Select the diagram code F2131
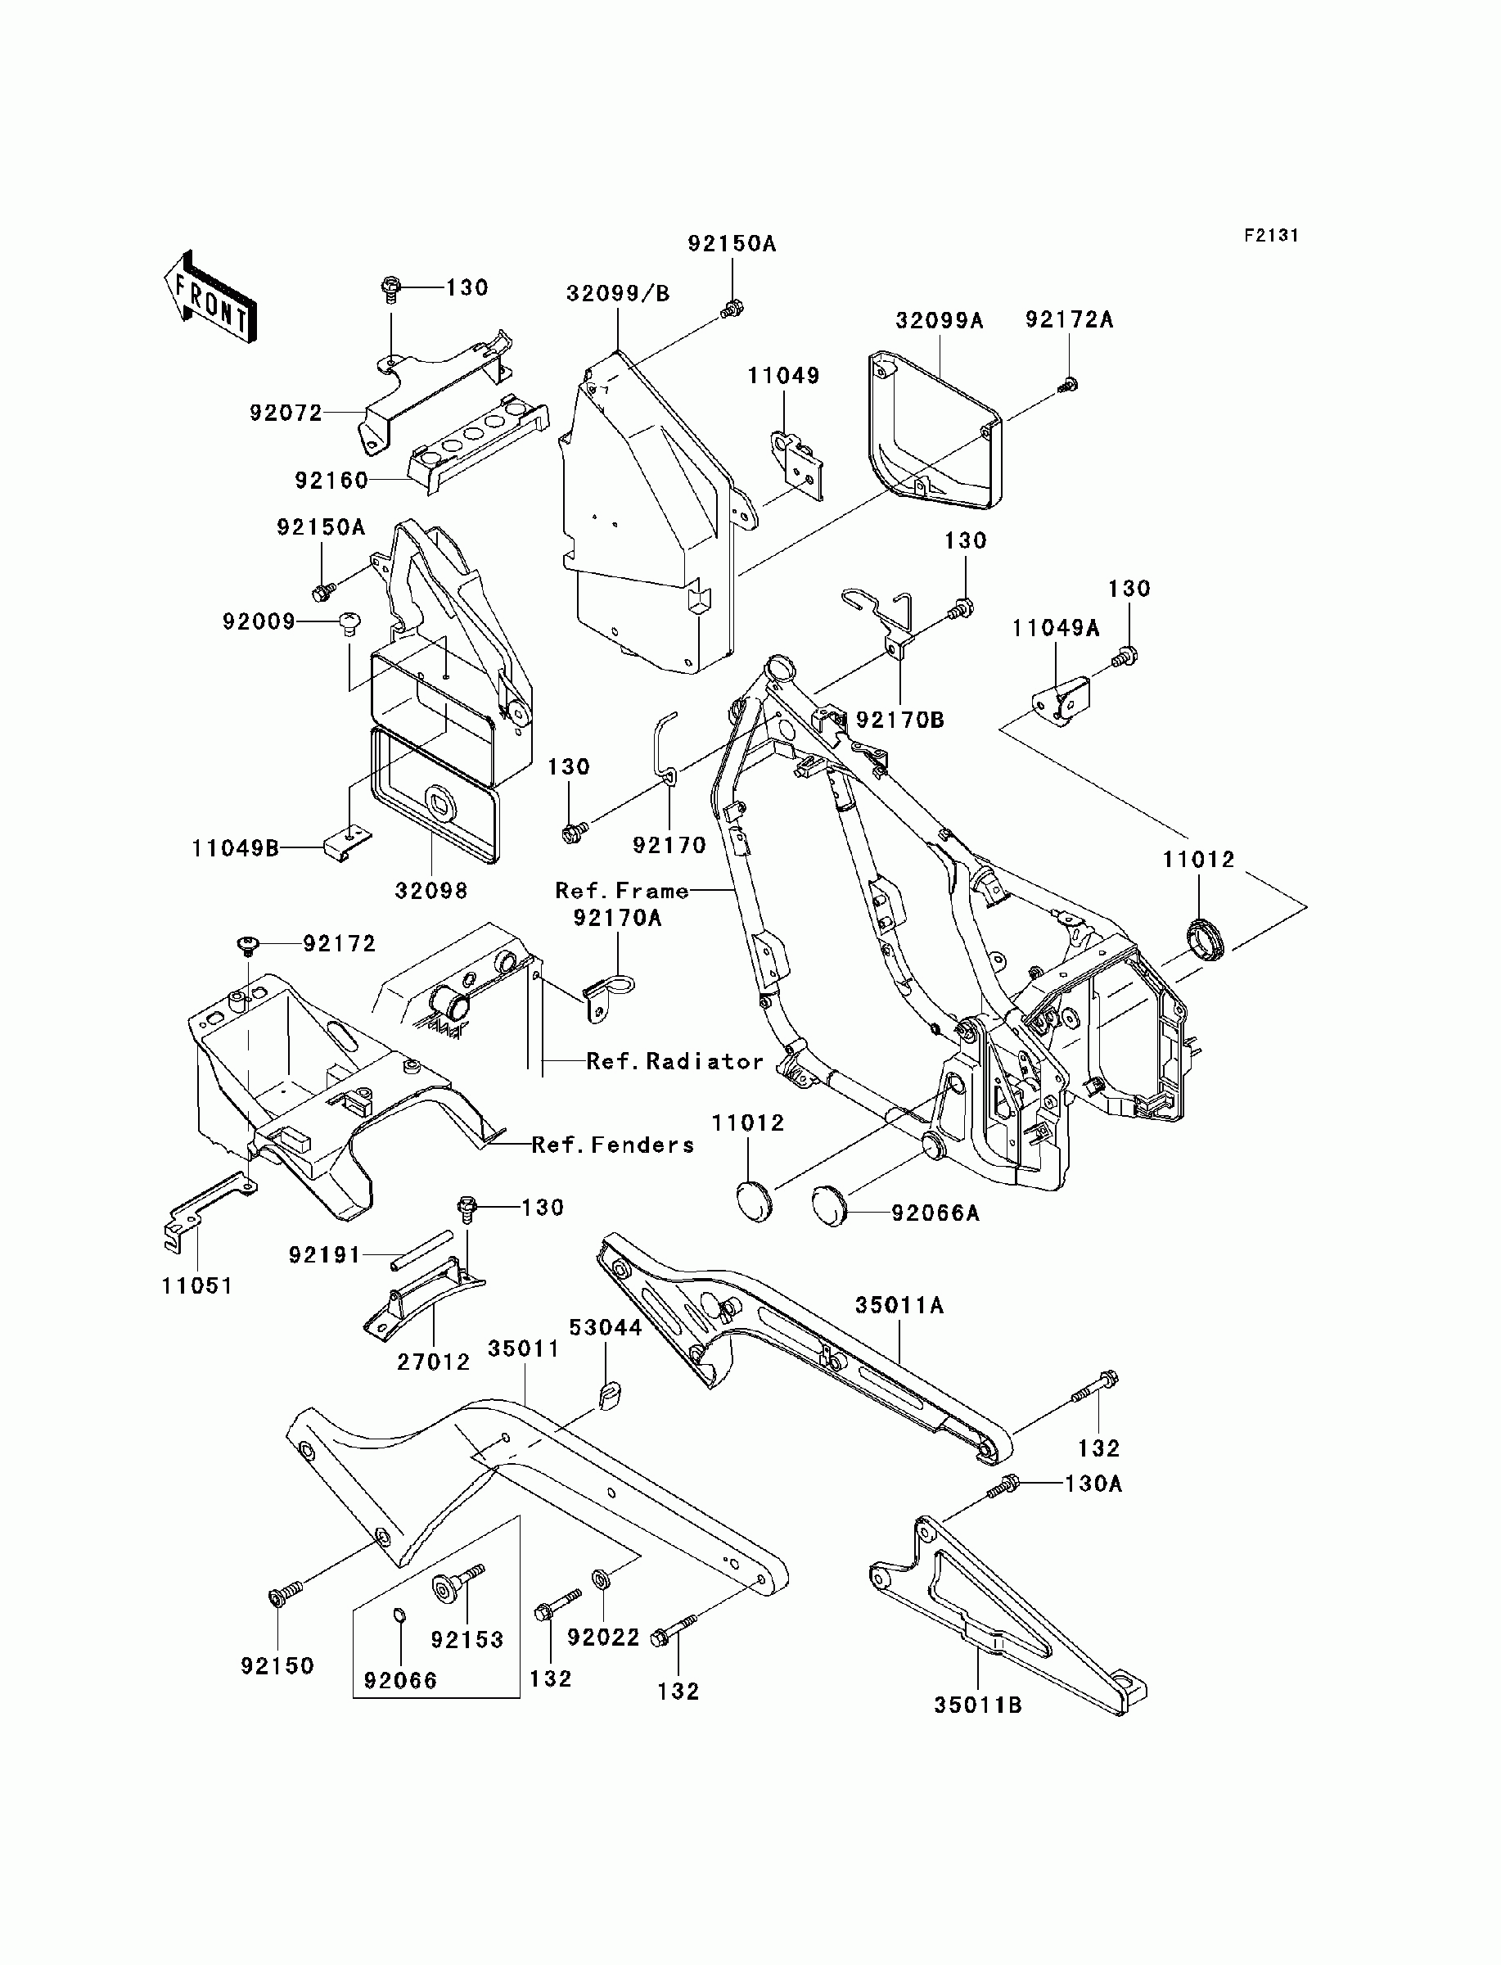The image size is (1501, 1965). [x=1271, y=236]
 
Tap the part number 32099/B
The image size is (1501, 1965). [x=617, y=294]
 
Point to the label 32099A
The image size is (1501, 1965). [x=939, y=321]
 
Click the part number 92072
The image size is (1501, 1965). [x=286, y=413]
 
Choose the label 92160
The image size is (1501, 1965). [x=331, y=481]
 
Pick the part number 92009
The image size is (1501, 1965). [x=259, y=621]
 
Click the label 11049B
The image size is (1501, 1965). [x=236, y=848]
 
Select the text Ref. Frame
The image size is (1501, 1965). [x=622, y=891]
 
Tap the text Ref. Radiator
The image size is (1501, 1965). [x=675, y=1062]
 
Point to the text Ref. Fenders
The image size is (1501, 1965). [x=613, y=1145]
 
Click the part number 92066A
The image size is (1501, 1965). [x=935, y=1213]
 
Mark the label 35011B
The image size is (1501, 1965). [x=978, y=1705]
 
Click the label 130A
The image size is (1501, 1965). [x=1093, y=1484]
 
